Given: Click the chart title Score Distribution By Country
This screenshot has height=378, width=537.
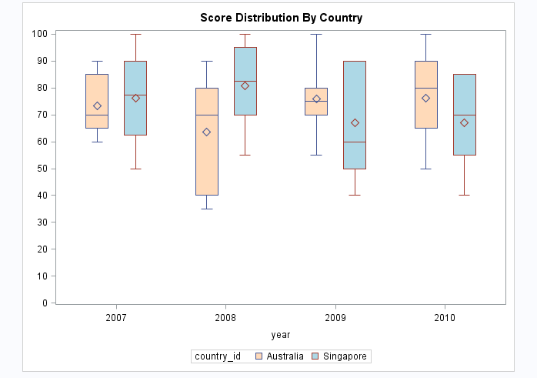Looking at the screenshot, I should (281, 17).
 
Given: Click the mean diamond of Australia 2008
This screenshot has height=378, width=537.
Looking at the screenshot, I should (206, 132).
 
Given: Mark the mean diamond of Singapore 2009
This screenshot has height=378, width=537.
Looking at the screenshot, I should (355, 122).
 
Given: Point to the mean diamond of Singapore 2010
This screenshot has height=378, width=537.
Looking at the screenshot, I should (464, 122).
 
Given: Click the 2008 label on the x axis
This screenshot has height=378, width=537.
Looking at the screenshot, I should (226, 317).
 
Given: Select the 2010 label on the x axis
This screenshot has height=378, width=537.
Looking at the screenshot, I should (445, 317).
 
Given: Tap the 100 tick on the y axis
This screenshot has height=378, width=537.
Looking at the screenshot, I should (39, 34).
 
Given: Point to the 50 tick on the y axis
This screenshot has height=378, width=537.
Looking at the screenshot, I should (42, 169).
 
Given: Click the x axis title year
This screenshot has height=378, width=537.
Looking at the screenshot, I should (281, 335).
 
